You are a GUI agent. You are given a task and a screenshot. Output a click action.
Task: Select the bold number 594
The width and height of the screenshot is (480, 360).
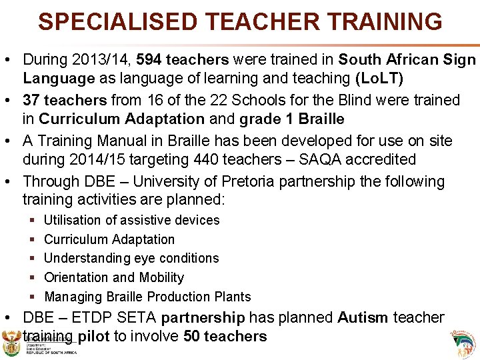click(x=150, y=60)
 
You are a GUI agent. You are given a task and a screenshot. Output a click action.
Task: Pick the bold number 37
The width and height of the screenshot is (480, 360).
click(x=31, y=100)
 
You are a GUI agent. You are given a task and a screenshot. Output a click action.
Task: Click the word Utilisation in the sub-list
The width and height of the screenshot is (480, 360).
click(x=75, y=220)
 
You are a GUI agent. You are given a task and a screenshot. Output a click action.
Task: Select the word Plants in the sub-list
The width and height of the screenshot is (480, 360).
click(x=233, y=297)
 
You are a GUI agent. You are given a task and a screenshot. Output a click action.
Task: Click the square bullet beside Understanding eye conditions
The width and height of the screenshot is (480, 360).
click(x=33, y=258)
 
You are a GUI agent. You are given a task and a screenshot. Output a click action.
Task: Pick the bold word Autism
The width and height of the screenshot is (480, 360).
click(x=362, y=317)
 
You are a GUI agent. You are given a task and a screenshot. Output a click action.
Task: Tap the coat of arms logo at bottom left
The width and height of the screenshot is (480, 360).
click(x=12, y=345)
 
